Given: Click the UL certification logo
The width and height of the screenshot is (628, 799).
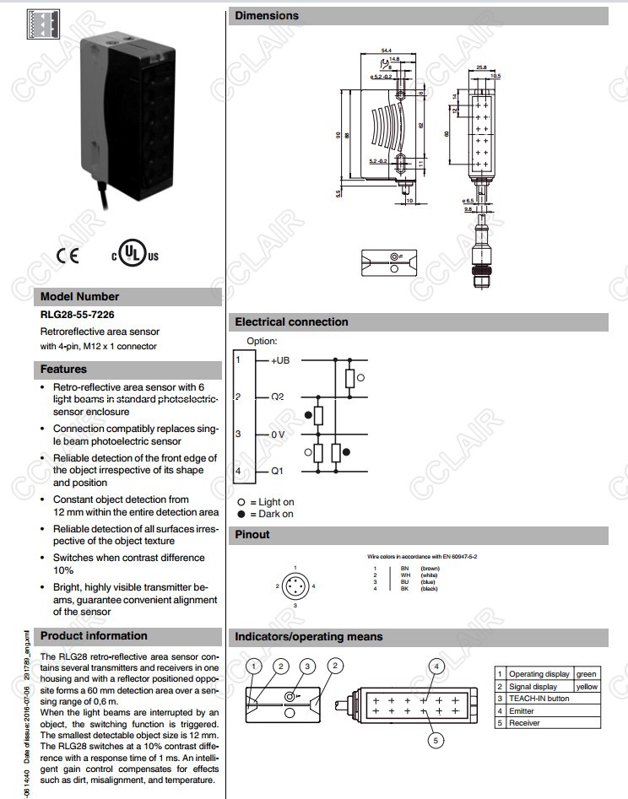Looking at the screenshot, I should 134,255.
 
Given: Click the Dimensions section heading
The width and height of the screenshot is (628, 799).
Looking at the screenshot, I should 267,16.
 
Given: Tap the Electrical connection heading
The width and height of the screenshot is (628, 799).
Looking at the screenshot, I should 291,321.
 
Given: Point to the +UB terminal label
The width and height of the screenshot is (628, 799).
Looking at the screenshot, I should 280,360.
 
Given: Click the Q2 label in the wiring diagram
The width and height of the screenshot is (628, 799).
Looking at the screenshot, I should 277,397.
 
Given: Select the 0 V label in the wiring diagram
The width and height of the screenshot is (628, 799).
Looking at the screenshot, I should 279,434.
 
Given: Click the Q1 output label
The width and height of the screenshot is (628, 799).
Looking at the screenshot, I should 277,471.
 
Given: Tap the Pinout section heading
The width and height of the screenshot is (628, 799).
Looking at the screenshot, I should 252,534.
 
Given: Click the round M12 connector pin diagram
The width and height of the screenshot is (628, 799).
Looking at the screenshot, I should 295,585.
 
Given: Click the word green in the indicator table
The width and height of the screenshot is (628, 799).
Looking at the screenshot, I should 586,674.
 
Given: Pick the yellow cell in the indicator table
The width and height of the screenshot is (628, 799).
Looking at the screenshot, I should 587,687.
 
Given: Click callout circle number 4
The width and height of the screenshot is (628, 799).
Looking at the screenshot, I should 436,667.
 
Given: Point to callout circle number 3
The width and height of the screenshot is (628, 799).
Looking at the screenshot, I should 308,667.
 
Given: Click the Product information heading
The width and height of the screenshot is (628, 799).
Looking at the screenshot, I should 94,636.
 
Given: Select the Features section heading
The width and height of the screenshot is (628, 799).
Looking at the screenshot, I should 64,369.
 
